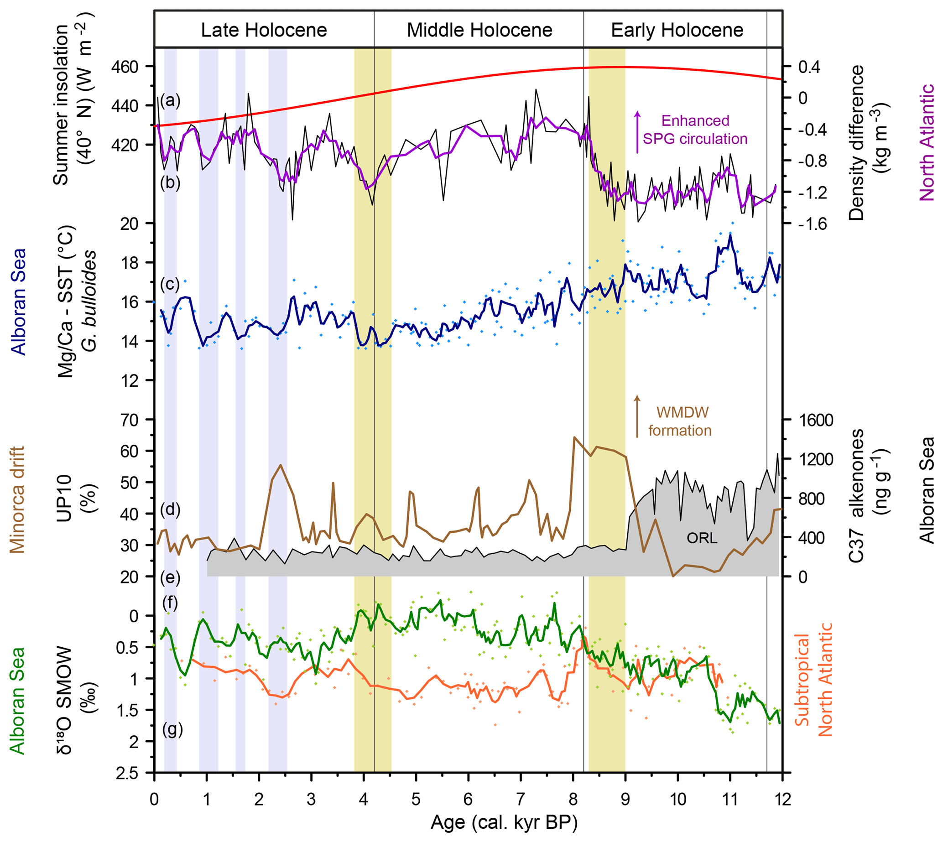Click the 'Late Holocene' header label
pyautogui.click(x=264, y=30)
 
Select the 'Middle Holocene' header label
pyautogui.click(x=479, y=30)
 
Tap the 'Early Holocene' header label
pyautogui.click(x=677, y=30)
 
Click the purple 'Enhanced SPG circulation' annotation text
pyautogui.click(x=695, y=130)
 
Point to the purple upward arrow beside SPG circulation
pyautogui.click(x=637, y=132)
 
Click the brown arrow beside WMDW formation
pyautogui.click(x=637, y=416)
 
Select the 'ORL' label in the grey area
pyautogui.click(x=702, y=538)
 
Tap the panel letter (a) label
pyautogui.click(x=170, y=100)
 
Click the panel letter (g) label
pyautogui.click(x=172, y=730)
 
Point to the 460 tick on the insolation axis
pyautogui.click(x=125, y=67)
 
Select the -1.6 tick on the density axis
pyautogui.click(x=812, y=224)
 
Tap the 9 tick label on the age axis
pyautogui.click(x=625, y=800)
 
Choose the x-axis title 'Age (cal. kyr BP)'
pyautogui.click(x=505, y=822)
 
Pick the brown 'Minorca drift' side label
pyautogui.click(x=18, y=499)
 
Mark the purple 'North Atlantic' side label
pyautogui.click(x=927, y=142)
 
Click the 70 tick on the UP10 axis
pyautogui.click(x=129, y=421)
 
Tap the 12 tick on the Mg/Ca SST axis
pyautogui.click(x=129, y=381)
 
